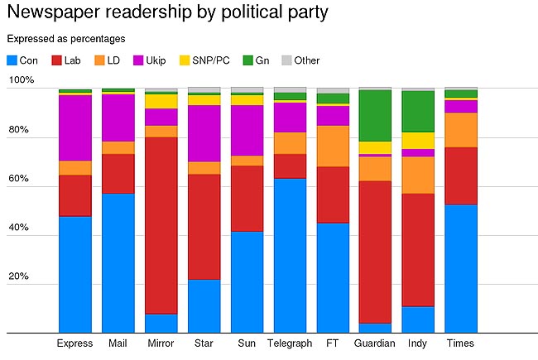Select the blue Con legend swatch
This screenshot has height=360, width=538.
[x=11, y=60]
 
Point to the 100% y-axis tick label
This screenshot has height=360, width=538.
[x=21, y=81]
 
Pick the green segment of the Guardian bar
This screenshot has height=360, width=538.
[x=375, y=115]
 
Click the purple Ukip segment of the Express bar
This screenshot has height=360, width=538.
[x=74, y=127]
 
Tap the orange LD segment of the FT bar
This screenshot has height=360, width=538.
[x=333, y=146]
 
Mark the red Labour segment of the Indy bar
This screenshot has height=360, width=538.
[x=418, y=249]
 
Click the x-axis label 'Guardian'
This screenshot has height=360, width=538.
[x=375, y=343]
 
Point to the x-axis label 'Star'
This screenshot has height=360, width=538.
[x=204, y=343]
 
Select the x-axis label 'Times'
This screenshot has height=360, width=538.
[x=461, y=343]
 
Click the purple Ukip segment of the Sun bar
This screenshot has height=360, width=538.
[x=247, y=130]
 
